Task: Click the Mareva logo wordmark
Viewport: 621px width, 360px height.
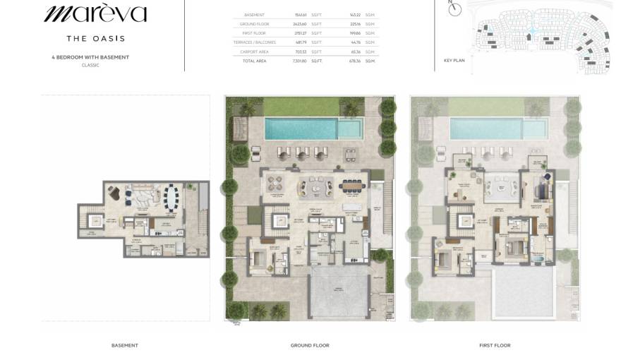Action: point(95,14)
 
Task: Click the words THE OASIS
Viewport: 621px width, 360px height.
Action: point(95,38)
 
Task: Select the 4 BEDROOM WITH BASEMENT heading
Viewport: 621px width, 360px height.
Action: point(90,57)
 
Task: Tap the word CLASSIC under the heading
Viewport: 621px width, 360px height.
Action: point(90,65)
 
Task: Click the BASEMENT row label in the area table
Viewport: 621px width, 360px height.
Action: point(254,15)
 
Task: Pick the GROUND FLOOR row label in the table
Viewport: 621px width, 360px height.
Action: point(254,24)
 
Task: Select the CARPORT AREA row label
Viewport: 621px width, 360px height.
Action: point(253,52)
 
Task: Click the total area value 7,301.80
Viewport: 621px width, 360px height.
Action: point(300,61)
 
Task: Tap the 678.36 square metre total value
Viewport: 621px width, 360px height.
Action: point(354,61)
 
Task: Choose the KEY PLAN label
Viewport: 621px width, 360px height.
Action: point(454,61)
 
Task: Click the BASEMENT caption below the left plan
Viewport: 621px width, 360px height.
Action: point(125,345)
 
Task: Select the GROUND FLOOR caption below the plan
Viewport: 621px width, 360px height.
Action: point(310,345)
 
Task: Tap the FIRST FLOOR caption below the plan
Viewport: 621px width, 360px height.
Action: point(495,345)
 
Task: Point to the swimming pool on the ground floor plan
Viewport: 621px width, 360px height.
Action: point(310,128)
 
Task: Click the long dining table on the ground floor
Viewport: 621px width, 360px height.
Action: point(350,187)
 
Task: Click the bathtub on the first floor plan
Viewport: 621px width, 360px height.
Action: point(540,261)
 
